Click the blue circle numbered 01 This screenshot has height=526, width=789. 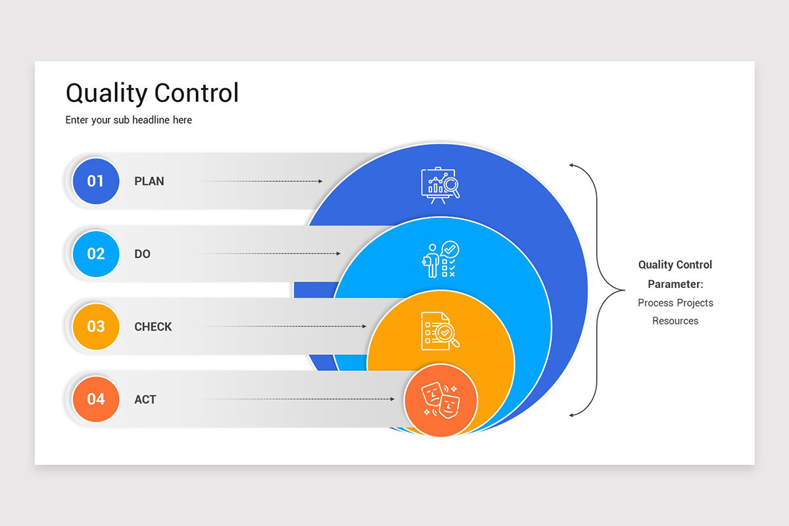point(96,181)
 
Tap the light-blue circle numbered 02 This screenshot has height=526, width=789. point(96,254)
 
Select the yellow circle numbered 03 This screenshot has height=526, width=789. point(96,327)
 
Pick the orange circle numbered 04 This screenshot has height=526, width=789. point(96,399)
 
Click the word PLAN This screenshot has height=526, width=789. point(149,181)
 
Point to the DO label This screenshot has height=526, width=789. point(142,254)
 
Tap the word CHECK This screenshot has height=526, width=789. point(153,327)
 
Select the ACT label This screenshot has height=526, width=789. point(145,400)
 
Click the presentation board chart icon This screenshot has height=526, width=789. point(441,185)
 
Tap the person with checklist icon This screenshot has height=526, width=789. point(441,259)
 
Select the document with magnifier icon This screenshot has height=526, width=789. point(441,331)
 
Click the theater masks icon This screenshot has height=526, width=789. point(441,400)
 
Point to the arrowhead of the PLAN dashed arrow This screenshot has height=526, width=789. point(321,181)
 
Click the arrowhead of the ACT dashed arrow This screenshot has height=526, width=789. point(393,399)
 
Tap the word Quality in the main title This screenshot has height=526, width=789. point(107,93)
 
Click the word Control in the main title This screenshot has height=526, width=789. point(197,93)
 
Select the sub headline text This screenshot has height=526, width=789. point(129,120)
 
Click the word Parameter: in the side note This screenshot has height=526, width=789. point(675,284)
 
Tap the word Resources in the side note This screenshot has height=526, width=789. point(675,321)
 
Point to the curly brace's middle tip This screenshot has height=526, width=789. point(624,290)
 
